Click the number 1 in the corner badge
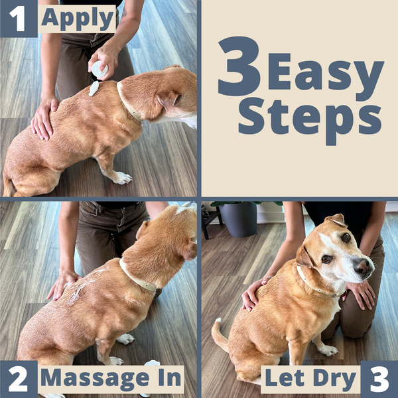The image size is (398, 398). tap(19, 19)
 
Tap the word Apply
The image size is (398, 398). tap(78, 19)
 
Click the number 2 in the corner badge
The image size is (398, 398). tap(19, 379)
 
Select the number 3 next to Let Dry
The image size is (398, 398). tap(379, 379)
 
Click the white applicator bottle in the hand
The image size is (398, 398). tap(99, 68)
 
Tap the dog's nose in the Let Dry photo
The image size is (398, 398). tap(363, 267)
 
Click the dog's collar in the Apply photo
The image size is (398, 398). tap(129, 102)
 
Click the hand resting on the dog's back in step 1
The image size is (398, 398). tap(44, 117)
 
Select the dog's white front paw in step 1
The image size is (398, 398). tap(122, 177)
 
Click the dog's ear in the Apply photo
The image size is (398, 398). tap(166, 99)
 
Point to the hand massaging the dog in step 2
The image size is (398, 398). tap(63, 284)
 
